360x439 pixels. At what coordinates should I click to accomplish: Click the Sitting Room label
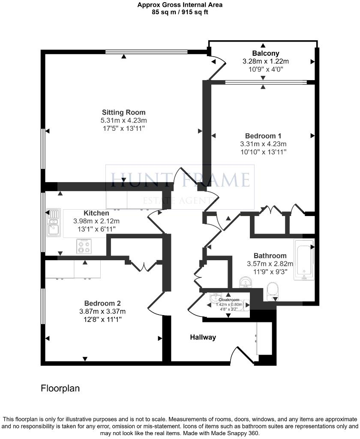click(123, 113)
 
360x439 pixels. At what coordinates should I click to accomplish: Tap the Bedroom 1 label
click(263, 136)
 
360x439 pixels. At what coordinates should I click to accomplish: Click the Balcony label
click(266, 54)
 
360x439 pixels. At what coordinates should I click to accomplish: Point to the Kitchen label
click(96, 213)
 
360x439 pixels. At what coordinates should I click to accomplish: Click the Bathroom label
click(270, 256)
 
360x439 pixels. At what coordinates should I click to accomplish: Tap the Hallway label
click(203, 337)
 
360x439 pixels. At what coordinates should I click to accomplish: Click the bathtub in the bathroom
click(304, 260)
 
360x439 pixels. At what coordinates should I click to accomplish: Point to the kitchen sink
click(54, 223)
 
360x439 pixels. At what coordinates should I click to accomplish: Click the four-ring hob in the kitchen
click(84, 247)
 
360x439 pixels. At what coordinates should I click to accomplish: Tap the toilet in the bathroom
click(272, 292)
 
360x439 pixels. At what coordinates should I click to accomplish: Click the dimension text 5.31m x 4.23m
click(123, 120)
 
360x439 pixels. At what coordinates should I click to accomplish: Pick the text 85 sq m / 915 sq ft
click(180, 12)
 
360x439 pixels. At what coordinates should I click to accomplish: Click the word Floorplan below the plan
click(60, 388)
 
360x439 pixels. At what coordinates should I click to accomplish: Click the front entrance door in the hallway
click(240, 354)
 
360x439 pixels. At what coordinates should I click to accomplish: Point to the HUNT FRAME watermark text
click(180, 179)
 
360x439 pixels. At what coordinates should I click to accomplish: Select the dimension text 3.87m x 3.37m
click(105, 311)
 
